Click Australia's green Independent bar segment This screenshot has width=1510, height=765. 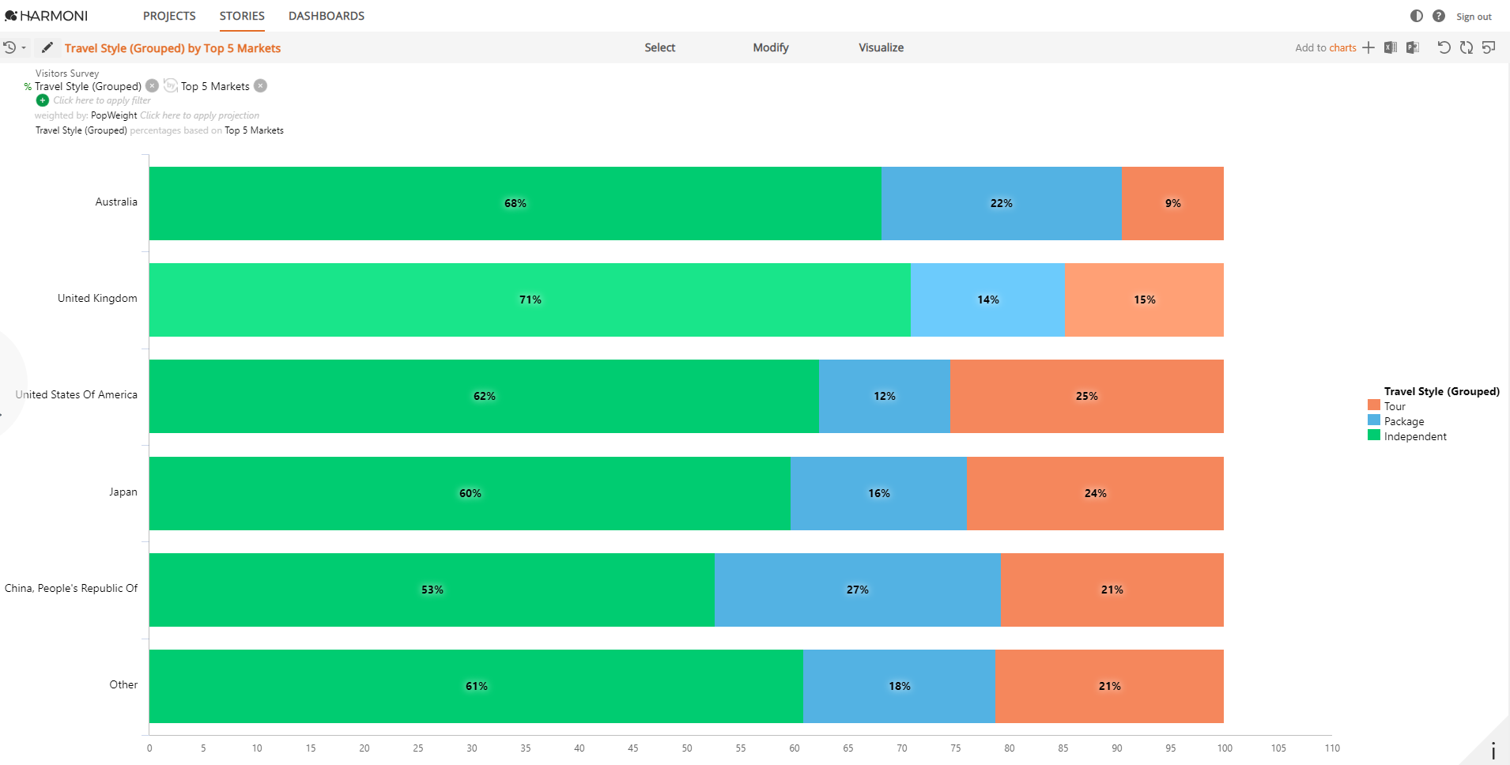tap(515, 203)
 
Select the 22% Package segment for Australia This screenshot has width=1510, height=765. tap(1001, 203)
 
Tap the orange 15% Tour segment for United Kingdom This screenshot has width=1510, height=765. tap(1144, 300)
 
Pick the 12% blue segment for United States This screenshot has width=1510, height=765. tap(884, 396)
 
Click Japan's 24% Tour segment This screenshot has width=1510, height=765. tap(1095, 493)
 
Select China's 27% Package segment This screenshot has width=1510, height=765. tap(857, 590)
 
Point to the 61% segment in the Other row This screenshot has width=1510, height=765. tap(476, 686)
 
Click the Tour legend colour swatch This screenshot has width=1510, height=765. tap(1374, 405)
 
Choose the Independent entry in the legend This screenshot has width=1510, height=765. tap(1415, 436)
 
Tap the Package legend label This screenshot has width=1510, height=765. tap(1404, 421)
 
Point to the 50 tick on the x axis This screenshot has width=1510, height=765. tap(687, 748)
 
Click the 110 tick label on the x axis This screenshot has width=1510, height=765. tap(1332, 748)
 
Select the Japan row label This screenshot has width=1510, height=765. tap(123, 492)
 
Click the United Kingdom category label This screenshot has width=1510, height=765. tap(97, 298)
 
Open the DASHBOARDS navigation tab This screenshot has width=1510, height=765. tap(327, 16)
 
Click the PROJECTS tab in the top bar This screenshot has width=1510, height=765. tap(169, 16)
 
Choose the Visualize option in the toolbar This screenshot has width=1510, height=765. tap(881, 47)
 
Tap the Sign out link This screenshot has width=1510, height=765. tap(1474, 17)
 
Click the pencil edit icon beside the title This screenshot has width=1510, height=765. tap(47, 47)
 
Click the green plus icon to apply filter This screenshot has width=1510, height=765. tap(43, 100)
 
